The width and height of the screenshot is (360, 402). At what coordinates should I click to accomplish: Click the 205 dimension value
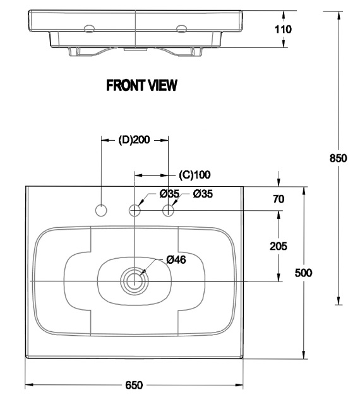pos(278,246)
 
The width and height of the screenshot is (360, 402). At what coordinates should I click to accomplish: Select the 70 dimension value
pos(278,199)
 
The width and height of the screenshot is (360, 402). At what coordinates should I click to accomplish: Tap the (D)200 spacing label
pos(134,140)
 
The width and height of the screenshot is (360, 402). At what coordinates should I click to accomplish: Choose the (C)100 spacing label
pos(195,174)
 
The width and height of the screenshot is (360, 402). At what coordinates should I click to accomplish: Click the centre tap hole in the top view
pos(135,210)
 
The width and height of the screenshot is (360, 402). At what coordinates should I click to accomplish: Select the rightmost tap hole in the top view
pos(169,210)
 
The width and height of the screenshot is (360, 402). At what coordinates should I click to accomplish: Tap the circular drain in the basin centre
pos(135,280)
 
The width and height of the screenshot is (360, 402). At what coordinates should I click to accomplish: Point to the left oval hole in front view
pos(89,27)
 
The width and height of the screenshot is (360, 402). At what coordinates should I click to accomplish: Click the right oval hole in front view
pos(182,27)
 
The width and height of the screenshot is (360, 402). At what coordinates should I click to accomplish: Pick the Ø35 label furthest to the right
pos(203,194)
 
